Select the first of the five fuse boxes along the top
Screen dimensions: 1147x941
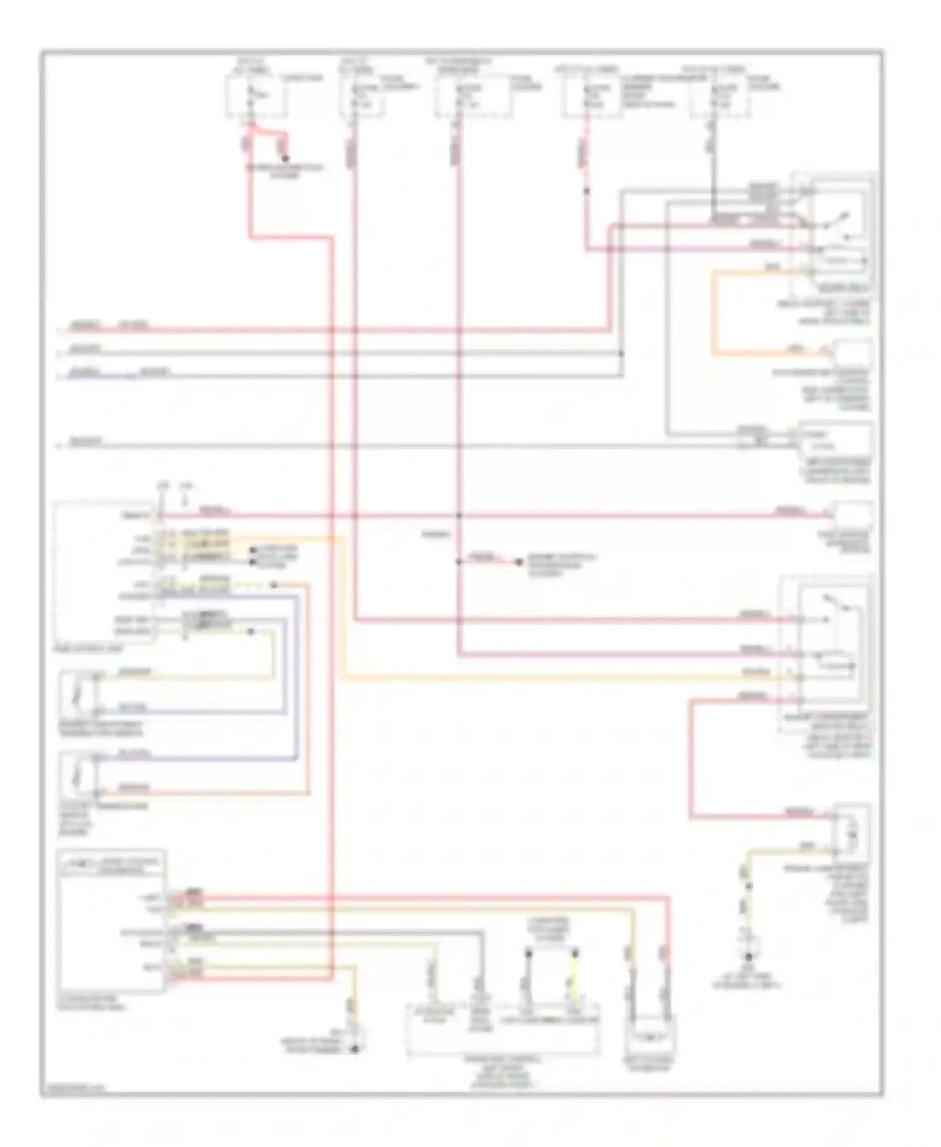point(255,95)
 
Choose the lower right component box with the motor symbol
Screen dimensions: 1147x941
point(852,830)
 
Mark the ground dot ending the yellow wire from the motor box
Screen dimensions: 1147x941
point(748,956)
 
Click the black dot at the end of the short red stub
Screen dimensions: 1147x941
point(519,562)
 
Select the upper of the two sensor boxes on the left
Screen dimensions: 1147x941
point(78,695)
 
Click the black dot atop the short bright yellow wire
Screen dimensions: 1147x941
point(574,953)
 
